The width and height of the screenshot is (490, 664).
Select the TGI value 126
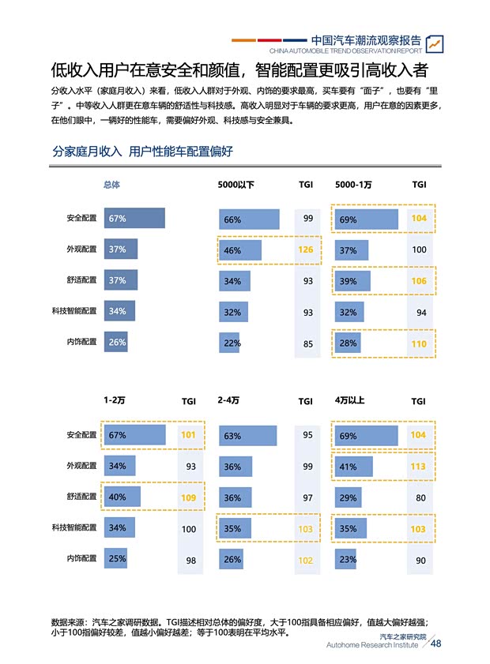tap(305, 250)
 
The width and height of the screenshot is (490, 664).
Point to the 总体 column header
tap(111, 185)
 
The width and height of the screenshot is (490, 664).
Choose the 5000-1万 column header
tap(353, 185)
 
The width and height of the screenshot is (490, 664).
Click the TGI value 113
tap(418, 466)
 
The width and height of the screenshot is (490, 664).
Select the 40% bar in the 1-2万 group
tap(122, 497)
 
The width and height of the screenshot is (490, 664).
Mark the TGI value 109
tap(188, 497)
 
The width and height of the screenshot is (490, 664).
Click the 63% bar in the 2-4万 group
tap(247, 436)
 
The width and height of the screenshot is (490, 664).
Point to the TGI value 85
tap(307, 343)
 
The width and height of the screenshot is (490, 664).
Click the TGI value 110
tap(418, 343)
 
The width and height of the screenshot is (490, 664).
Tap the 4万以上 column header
tap(349, 400)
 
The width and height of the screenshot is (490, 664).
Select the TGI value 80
tap(420, 498)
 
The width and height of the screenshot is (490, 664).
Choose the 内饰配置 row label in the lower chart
tap(82, 559)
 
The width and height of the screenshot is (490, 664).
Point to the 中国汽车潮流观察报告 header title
tap(366, 40)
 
